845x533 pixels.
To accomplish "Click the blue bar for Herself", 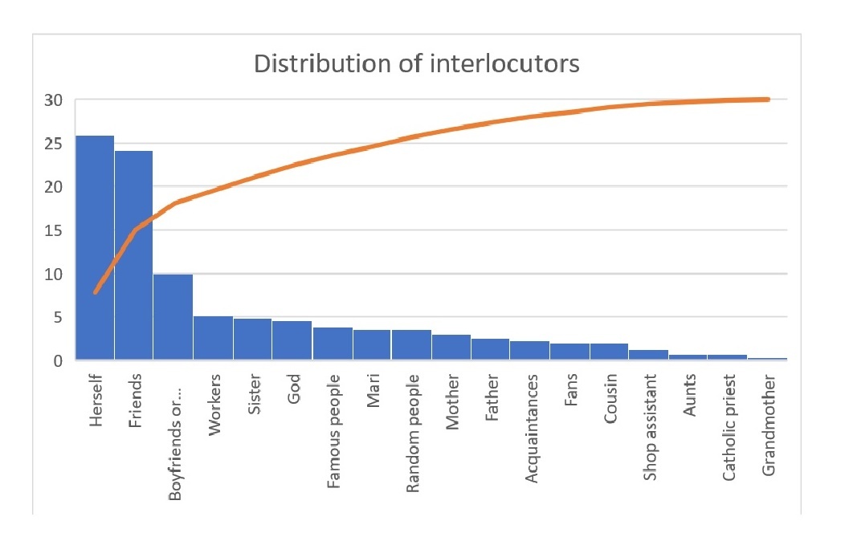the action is click(95, 248).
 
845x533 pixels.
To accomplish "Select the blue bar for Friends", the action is click(133, 255).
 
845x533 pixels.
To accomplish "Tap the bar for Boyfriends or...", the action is click(173, 317).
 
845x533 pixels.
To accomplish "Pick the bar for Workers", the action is click(214, 338).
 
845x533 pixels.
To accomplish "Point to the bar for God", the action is click(292, 340).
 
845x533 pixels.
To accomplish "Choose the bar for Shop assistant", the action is click(648, 355).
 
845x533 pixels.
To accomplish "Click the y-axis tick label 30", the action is click(53, 100).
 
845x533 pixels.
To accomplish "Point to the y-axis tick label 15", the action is click(53, 230).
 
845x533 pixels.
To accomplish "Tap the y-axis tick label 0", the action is click(58, 360).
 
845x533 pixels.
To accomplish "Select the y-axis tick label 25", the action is click(53, 144).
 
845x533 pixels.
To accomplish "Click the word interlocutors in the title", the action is click(505, 63).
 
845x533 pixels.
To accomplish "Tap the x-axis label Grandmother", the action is click(769, 425).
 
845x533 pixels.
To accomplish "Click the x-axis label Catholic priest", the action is click(729, 428).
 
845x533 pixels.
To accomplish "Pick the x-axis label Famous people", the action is click(333, 431).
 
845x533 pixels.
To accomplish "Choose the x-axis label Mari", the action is click(373, 391).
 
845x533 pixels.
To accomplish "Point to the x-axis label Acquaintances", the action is click(532, 429).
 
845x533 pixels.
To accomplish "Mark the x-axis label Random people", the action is click(413, 433).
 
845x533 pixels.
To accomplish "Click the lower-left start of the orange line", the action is click(96, 292).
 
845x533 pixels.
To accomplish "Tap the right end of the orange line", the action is click(768, 99).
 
